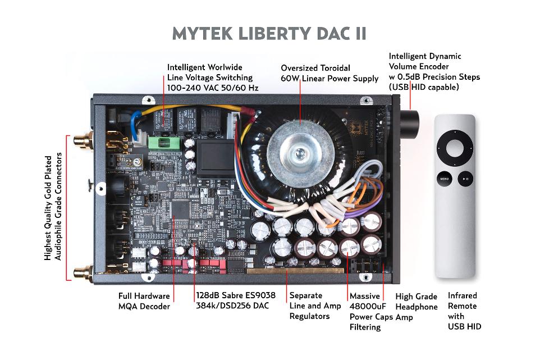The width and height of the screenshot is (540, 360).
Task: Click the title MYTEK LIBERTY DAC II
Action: tap(269, 33)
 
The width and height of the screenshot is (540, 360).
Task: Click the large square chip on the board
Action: tap(181, 209)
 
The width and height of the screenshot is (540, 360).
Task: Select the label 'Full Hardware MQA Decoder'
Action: tap(144, 301)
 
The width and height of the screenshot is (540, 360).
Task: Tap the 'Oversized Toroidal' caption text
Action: tap(315, 68)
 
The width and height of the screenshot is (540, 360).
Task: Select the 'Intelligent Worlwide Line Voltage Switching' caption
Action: tap(209, 77)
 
